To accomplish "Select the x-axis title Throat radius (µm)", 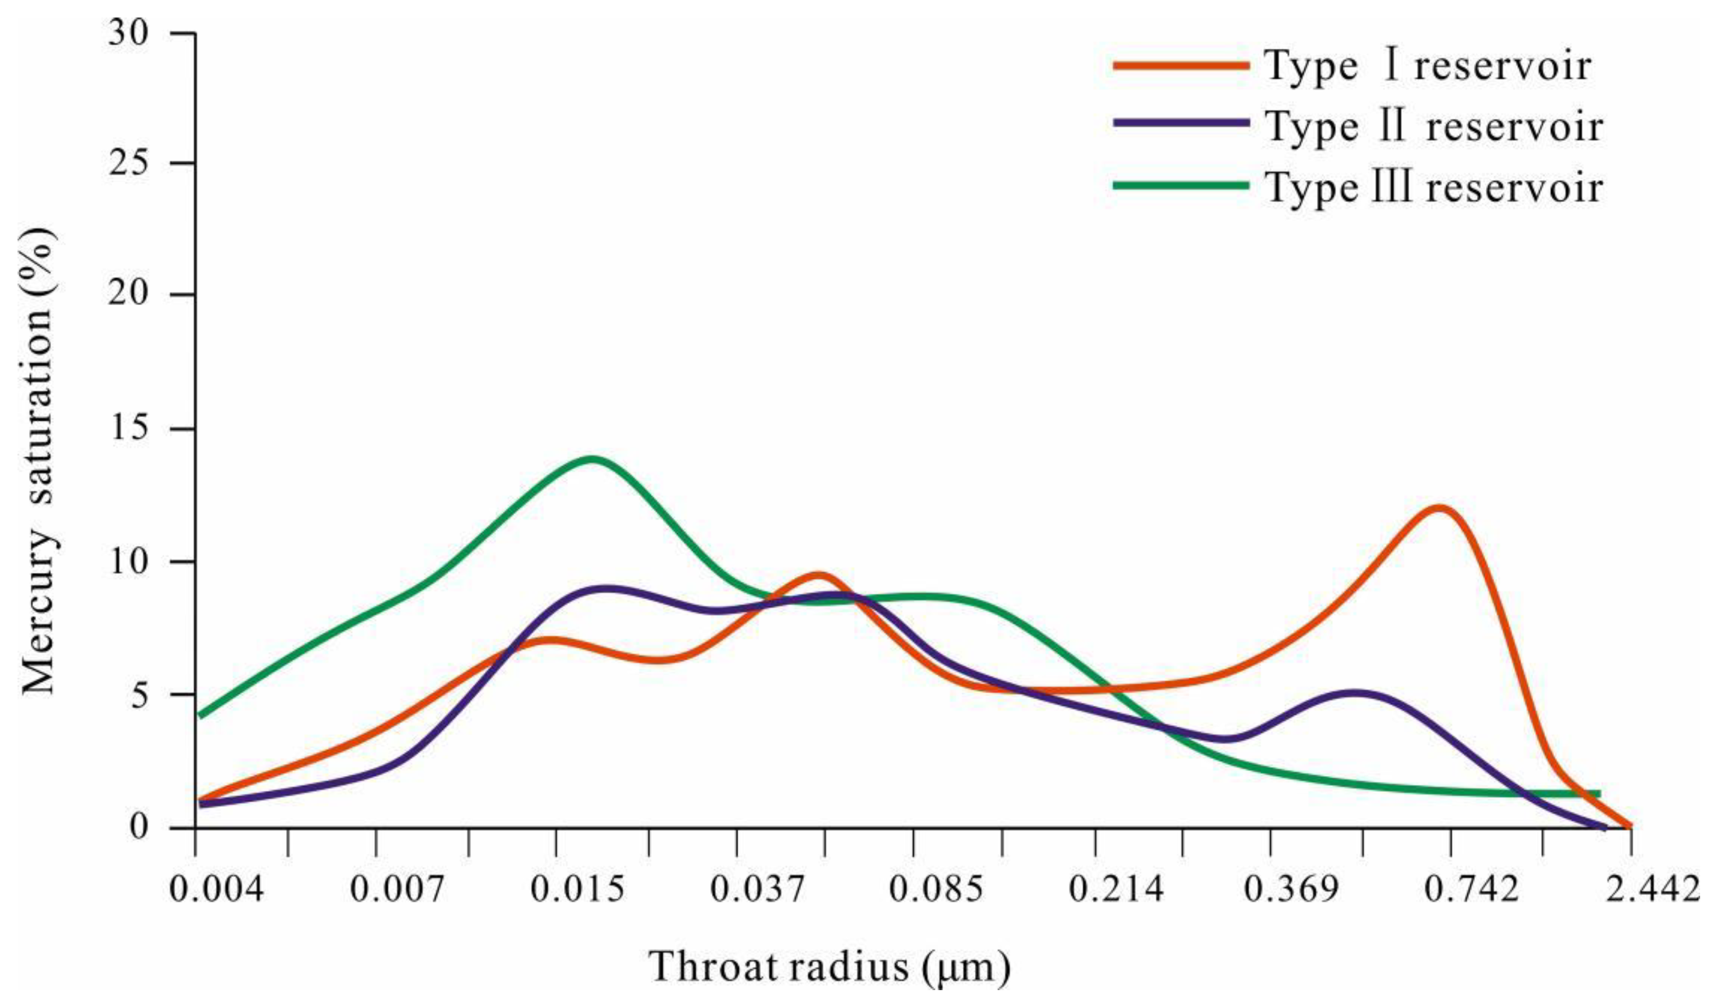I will coord(829,967).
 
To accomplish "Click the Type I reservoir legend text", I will coord(1428,66).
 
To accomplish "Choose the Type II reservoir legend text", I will coord(1434,126).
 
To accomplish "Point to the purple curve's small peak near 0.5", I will coord(1355,694).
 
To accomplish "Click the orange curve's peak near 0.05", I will coord(820,576).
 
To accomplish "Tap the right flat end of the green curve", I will coord(1597,813).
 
